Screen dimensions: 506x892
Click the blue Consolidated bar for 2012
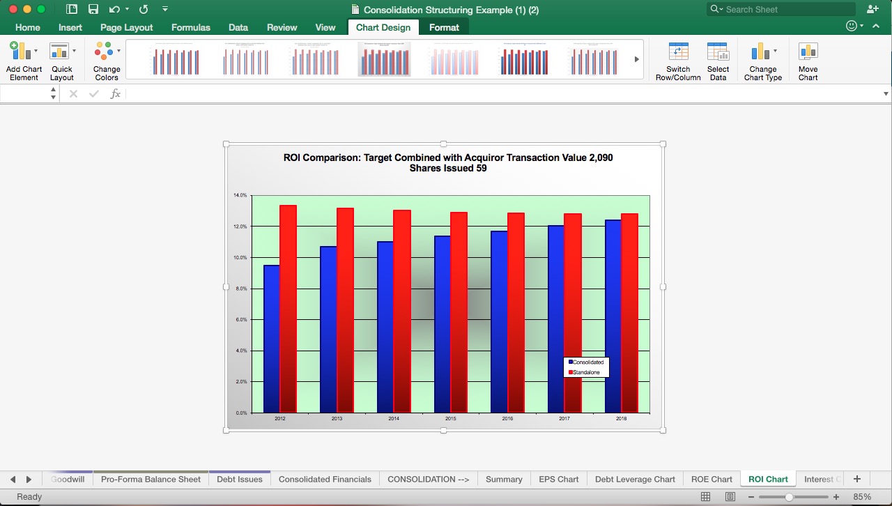(x=272, y=339)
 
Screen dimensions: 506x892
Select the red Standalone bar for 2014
(x=402, y=311)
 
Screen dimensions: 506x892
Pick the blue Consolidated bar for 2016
(x=499, y=321)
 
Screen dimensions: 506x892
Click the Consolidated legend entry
(x=587, y=362)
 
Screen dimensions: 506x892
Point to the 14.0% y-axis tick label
(x=240, y=196)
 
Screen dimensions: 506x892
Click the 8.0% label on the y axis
(x=240, y=289)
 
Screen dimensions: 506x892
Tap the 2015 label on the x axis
(x=450, y=419)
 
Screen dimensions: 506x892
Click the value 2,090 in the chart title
(x=598, y=158)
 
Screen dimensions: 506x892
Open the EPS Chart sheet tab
(x=558, y=480)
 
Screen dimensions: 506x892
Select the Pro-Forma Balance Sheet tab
(x=151, y=480)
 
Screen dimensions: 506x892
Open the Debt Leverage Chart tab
(x=635, y=480)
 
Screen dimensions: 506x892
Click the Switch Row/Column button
(x=678, y=61)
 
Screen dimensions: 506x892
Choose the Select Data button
(x=718, y=61)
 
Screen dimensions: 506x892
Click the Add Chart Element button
(x=24, y=61)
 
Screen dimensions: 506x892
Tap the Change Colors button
(x=107, y=61)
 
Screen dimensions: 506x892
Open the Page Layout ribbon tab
(x=126, y=28)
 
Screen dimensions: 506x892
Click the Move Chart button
(x=808, y=61)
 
